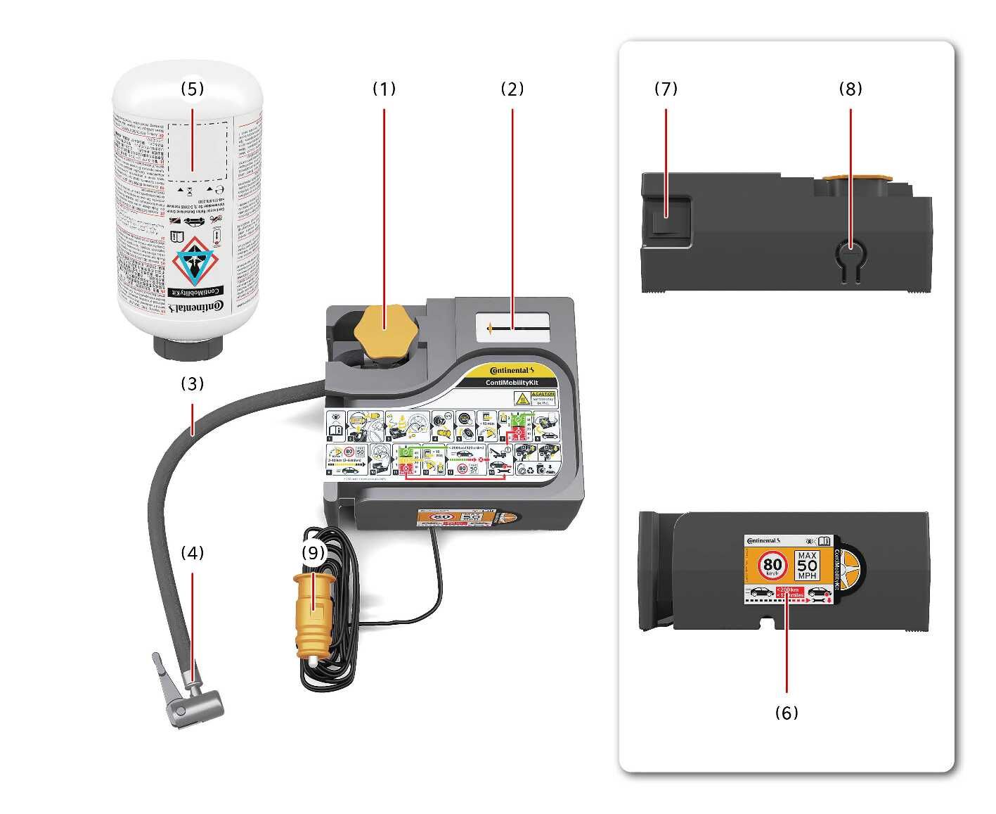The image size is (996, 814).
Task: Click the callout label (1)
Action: coord(384,89)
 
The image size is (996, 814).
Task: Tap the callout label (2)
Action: coord(512,89)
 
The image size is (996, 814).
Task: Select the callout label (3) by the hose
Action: coord(192,383)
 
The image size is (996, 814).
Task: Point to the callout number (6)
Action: coord(787,713)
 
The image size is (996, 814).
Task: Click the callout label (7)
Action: coord(666,89)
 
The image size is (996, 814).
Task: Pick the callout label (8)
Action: coord(851,89)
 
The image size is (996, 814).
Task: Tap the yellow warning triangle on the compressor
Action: coord(522,399)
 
